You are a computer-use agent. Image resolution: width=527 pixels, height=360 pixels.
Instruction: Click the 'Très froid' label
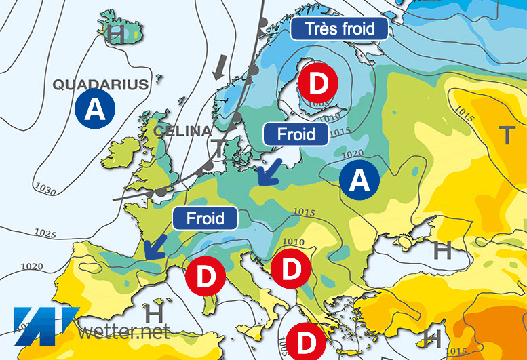(x=340, y=28)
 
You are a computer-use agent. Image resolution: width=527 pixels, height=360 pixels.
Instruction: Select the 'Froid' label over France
(x=206, y=218)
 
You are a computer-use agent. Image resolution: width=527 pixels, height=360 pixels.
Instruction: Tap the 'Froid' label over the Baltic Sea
(x=296, y=134)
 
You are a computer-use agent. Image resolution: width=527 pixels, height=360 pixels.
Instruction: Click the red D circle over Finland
(x=322, y=84)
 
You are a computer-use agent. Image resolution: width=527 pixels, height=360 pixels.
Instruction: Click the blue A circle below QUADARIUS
(x=96, y=110)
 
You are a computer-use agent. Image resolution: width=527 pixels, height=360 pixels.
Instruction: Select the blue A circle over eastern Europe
(x=359, y=179)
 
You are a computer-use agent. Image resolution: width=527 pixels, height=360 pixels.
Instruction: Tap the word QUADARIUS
(x=100, y=85)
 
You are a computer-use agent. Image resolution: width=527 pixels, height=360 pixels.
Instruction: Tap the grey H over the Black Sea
(x=442, y=250)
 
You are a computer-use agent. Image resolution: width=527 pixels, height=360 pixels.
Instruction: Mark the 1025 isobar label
(x=45, y=234)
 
